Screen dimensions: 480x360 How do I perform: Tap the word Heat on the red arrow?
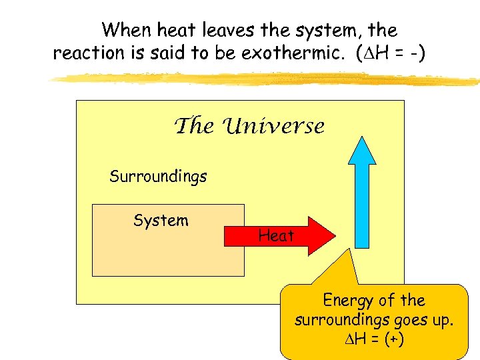276,235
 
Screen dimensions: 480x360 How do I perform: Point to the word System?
161,221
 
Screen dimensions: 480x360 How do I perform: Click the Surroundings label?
158,177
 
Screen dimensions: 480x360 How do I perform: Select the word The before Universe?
194,126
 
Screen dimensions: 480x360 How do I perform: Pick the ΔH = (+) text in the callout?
374,339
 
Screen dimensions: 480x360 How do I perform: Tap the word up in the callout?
443,320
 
